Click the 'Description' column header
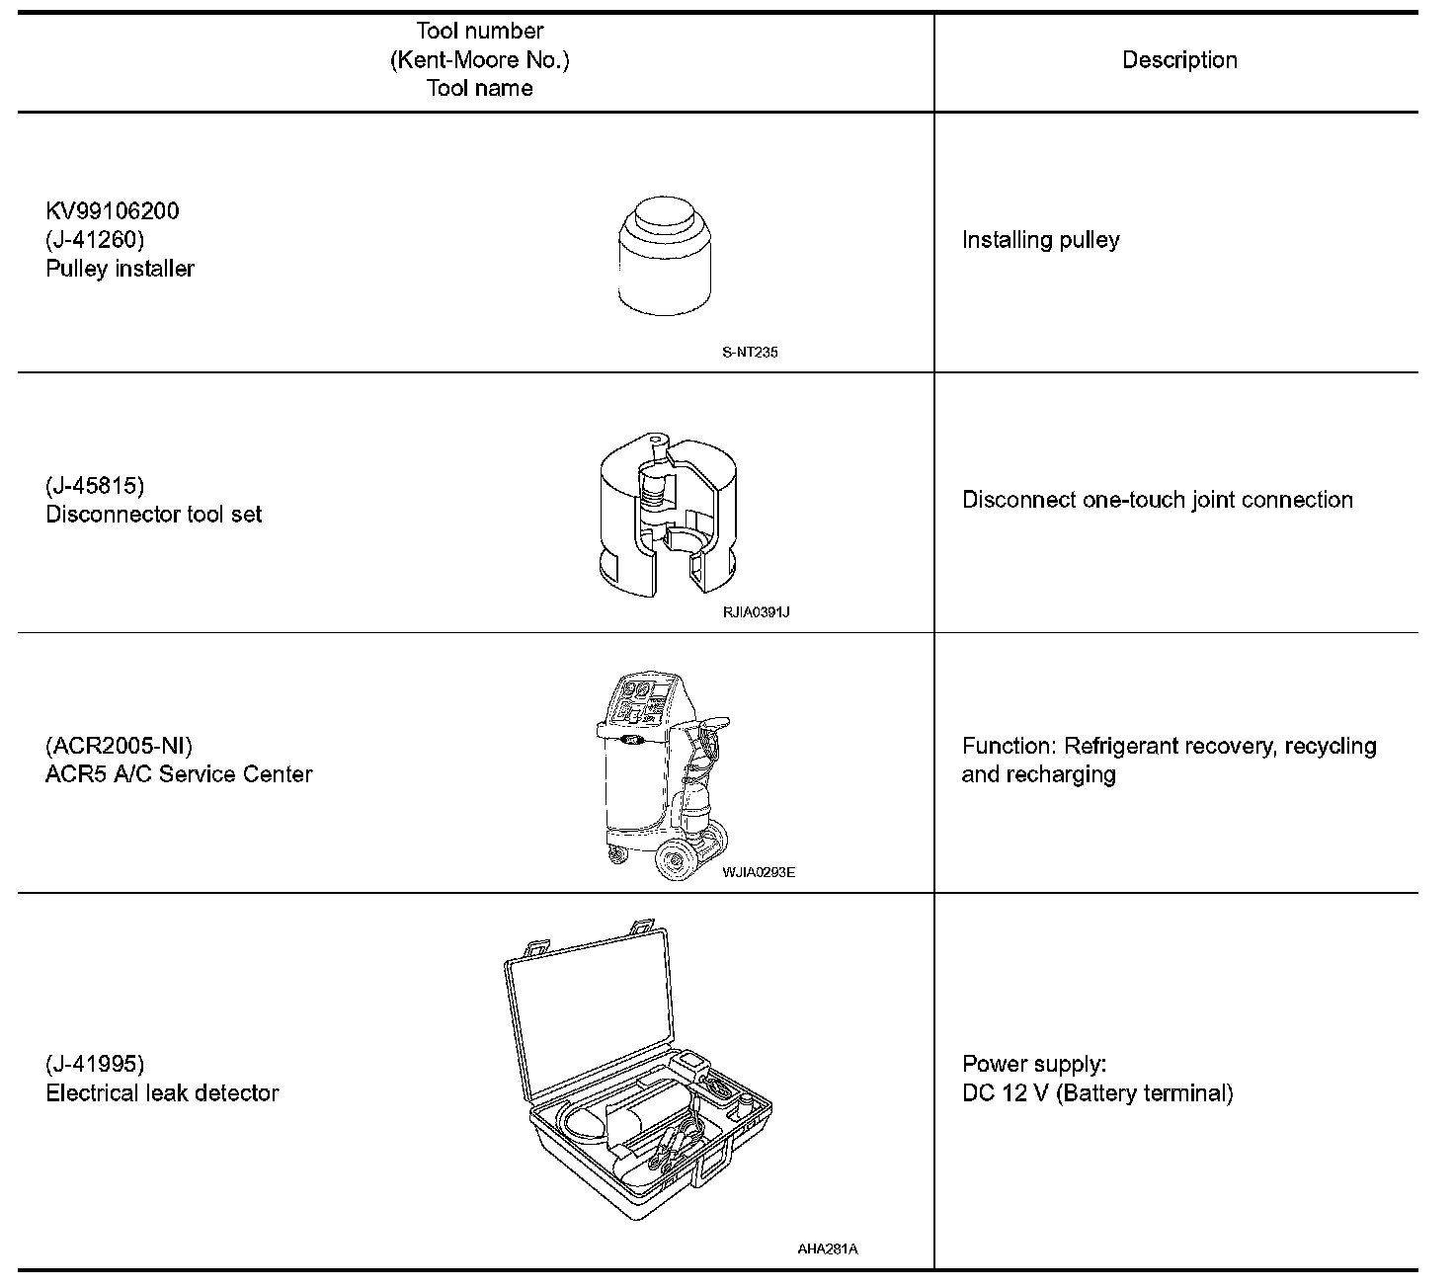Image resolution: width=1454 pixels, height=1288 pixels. tap(1179, 60)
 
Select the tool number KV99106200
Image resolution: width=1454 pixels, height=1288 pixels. tap(113, 211)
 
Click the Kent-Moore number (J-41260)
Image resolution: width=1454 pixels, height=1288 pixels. tap(95, 240)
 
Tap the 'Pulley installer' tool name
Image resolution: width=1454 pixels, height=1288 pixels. tap(120, 269)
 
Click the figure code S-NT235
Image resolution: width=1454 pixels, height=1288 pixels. tap(750, 352)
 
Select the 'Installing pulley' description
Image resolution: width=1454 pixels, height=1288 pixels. tap(1040, 240)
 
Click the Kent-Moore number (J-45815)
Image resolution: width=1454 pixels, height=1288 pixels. tap(95, 485)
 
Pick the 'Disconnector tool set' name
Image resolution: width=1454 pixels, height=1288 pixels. tap(153, 514)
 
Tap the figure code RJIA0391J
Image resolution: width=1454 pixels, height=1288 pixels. tap(756, 612)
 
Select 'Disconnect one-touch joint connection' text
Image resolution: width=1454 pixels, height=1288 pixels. tap(1157, 500)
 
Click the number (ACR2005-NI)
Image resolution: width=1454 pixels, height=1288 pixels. tap(119, 745)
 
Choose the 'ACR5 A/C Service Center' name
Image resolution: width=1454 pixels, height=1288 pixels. tap(179, 773)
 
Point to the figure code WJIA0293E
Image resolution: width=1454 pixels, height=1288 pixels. tap(758, 872)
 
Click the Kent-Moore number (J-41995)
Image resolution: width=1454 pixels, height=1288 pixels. tap(95, 1064)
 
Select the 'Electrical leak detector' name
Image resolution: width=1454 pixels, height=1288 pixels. tap(162, 1092)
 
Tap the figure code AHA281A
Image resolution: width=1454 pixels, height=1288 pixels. tap(827, 1248)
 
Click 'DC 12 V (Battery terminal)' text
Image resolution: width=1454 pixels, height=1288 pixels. tap(1096, 1093)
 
